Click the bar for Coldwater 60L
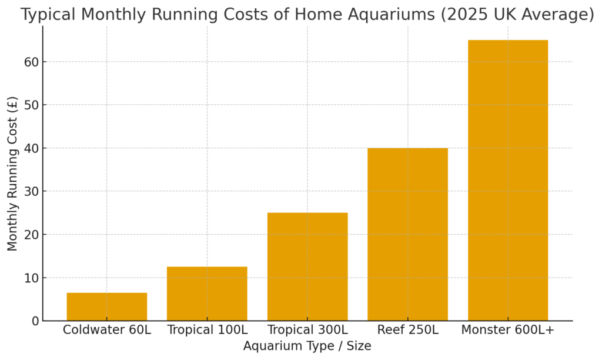point(106,306)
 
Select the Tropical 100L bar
point(207,294)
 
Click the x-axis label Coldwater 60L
point(106,330)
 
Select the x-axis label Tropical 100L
point(207,330)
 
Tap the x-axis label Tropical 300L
point(307,330)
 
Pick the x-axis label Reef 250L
point(407,330)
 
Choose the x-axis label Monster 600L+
point(508,330)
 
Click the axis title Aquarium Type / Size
point(307,346)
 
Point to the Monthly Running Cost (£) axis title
point(13,174)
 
